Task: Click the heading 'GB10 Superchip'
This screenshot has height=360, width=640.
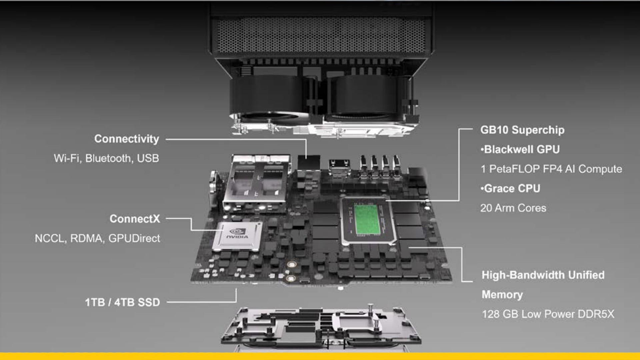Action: pyautogui.click(x=522, y=130)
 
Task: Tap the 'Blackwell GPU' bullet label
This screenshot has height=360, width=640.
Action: pyautogui.click(x=520, y=149)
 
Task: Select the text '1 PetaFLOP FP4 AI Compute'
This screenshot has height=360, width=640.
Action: pyautogui.click(x=551, y=169)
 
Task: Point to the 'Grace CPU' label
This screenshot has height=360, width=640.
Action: pyautogui.click(x=511, y=188)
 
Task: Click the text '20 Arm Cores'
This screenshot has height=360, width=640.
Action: pyautogui.click(x=513, y=208)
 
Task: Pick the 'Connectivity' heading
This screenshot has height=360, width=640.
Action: pyautogui.click(x=127, y=139)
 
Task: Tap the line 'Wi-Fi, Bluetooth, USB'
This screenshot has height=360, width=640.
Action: pyautogui.click(x=106, y=158)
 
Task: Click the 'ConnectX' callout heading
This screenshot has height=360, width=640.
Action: pyautogui.click(x=135, y=219)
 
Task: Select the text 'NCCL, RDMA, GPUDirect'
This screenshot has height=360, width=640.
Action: pyautogui.click(x=97, y=238)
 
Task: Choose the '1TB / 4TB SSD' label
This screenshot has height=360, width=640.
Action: pyautogui.click(x=122, y=302)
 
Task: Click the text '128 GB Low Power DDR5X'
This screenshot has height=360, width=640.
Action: pyautogui.click(x=548, y=314)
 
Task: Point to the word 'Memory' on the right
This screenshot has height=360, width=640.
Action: pyautogui.click(x=502, y=295)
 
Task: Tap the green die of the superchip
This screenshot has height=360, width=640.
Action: pyautogui.click(x=367, y=219)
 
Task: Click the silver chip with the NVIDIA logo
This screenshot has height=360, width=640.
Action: pyautogui.click(x=237, y=236)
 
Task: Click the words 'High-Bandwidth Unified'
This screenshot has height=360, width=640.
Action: pyautogui.click(x=543, y=275)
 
